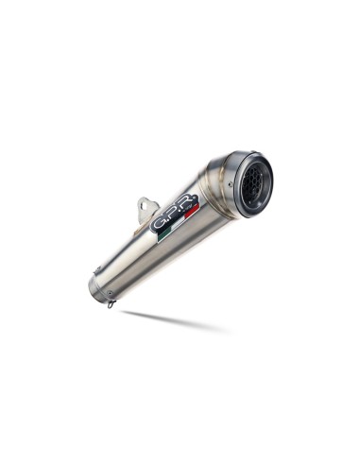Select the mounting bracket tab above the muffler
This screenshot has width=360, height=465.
coord(146,208)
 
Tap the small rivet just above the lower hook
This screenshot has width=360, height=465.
coord(107,294)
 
